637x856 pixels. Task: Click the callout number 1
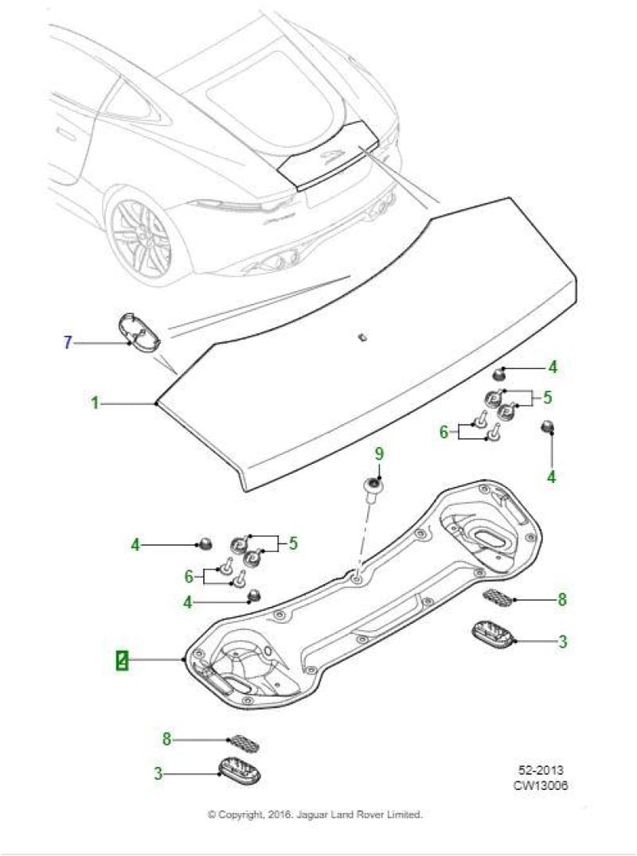click(x=95, y=403)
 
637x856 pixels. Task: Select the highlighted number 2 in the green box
click(x=122, y=660)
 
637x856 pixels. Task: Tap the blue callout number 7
click(x=68, y=343)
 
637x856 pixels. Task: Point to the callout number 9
click(x=379, y=453)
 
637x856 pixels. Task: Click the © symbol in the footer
click(x=212, y=815)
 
